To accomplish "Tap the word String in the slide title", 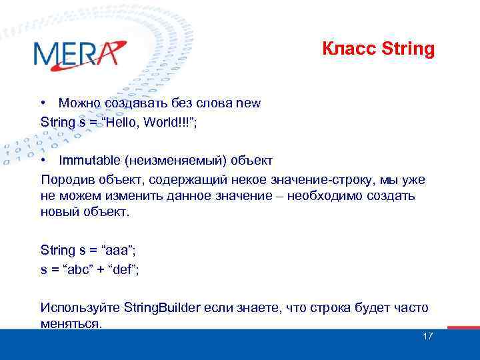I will pos(409,49).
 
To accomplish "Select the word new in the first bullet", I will pos(248,103).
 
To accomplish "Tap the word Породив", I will pos(65,180).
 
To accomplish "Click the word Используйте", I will pos(80,308).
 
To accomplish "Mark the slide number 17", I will pos(428,336).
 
